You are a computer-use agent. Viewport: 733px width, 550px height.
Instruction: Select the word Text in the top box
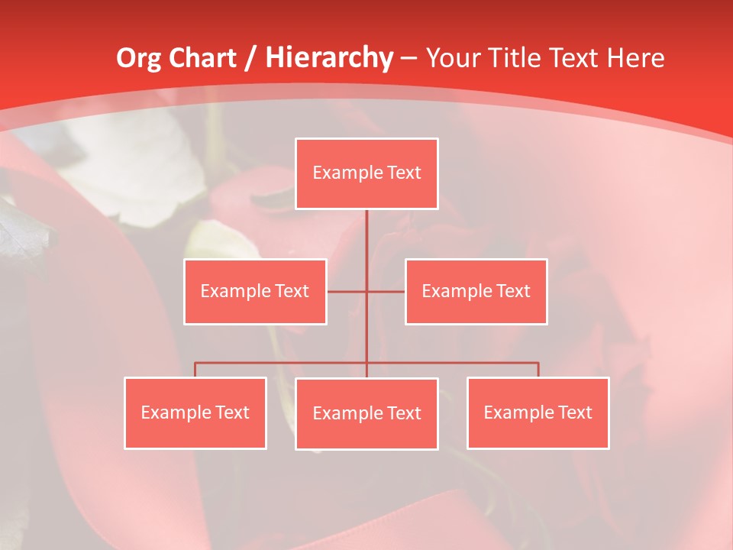coord(404,173)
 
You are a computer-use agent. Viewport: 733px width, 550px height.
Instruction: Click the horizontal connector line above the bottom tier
coord(283,363)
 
